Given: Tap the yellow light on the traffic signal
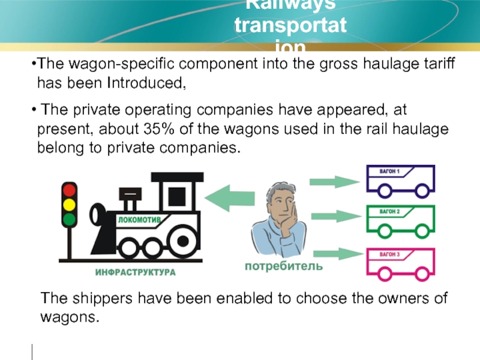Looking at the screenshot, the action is (x=70, y=205).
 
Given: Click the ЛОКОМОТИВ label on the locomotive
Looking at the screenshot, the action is (x=139, y=220).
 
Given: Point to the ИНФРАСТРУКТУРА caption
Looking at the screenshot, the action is (x=136, y=272).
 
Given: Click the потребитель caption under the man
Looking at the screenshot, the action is (x=283, y=265).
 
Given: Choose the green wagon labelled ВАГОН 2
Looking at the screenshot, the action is (x=400, y=220).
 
